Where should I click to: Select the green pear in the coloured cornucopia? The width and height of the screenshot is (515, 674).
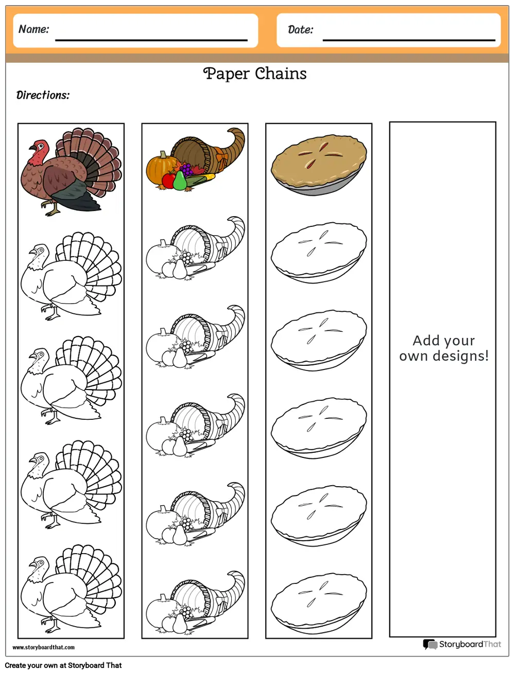pos(180,181)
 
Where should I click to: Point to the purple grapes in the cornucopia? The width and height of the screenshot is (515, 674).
pos(187,169)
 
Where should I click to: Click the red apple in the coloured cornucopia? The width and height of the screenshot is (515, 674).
pos(168,181)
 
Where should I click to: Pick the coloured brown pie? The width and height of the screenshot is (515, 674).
pos(319,165)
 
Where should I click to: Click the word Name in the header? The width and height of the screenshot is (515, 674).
pos(34,29)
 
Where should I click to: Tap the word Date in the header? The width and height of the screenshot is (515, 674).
pos(301,30)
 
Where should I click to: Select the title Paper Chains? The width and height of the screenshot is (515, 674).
pos(255,74)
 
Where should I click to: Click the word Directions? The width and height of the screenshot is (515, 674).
pos(43,96)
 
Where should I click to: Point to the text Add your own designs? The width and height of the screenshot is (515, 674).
pos(444,348)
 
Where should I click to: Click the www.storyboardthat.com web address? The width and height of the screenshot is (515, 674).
pos(44,647)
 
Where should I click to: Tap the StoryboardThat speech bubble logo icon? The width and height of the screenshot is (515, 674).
pos(430,644)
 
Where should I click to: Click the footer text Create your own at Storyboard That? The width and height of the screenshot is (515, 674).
pos(63,665)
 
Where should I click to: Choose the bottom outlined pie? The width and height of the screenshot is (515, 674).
pos(319,604)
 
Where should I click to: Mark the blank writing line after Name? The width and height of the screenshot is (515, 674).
pos(151,40)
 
